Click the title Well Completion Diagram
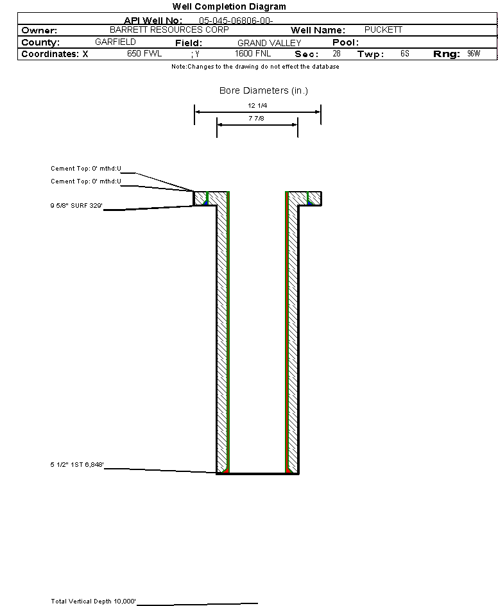point(229,6)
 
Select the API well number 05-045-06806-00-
point(236,21)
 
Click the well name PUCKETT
point(383,30)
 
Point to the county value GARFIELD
point(115,42)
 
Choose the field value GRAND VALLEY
point(269,43)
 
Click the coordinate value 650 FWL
point(144,54)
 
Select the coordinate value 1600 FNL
point(253,54)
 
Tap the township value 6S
point(404,54)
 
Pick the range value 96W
point(473,54)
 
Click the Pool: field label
point(345,42)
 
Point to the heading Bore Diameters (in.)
point(264,90)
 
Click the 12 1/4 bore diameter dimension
point(257,105)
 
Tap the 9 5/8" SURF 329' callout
point(77,206)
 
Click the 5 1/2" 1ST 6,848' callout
point(77,464)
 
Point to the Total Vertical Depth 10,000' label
point(94,602)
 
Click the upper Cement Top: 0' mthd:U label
point(86,169)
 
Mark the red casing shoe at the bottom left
point(225,471)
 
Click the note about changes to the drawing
point(255,67)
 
